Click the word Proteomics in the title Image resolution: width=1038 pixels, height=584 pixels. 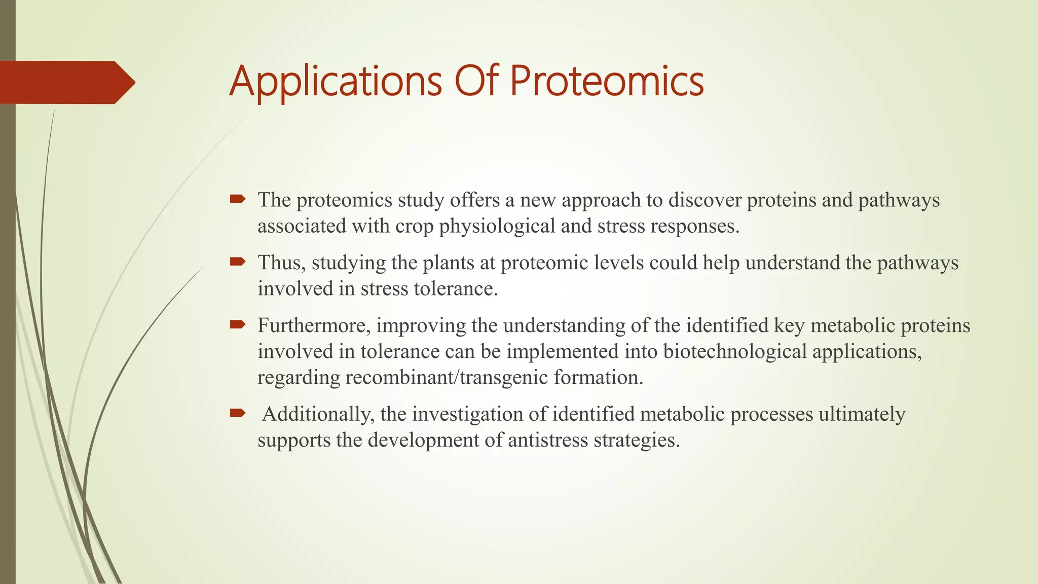pyautogui.click(x=606, y=82)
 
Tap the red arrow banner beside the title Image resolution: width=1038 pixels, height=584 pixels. pyautogui.click(x=66, y=82)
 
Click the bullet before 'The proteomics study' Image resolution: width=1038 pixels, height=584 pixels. pyautogui.click(x=237, y=199)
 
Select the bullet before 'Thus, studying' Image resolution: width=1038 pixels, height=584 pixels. pyautogui.click(x=237, y=262)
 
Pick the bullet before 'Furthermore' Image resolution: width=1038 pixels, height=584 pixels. pyautogui.click(x=237, y=324)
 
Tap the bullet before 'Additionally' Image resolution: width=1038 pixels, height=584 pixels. pyautogui.click(x=237, y=413)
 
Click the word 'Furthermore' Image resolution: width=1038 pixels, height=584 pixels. pyautogui.click(x=314, y=325)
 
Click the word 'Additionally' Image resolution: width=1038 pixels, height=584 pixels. pyautogui.click(x=318, y=414)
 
